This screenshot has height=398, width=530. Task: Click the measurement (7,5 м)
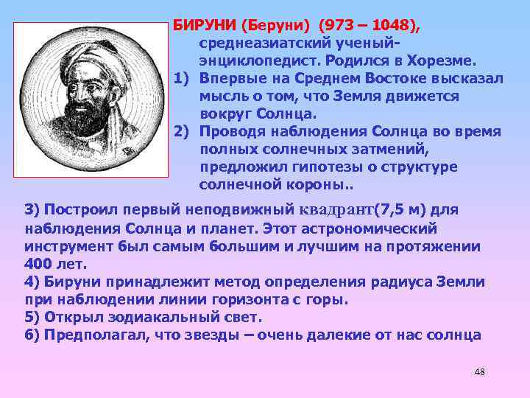[402, 210]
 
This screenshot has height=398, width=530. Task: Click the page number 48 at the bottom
[479, 371]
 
